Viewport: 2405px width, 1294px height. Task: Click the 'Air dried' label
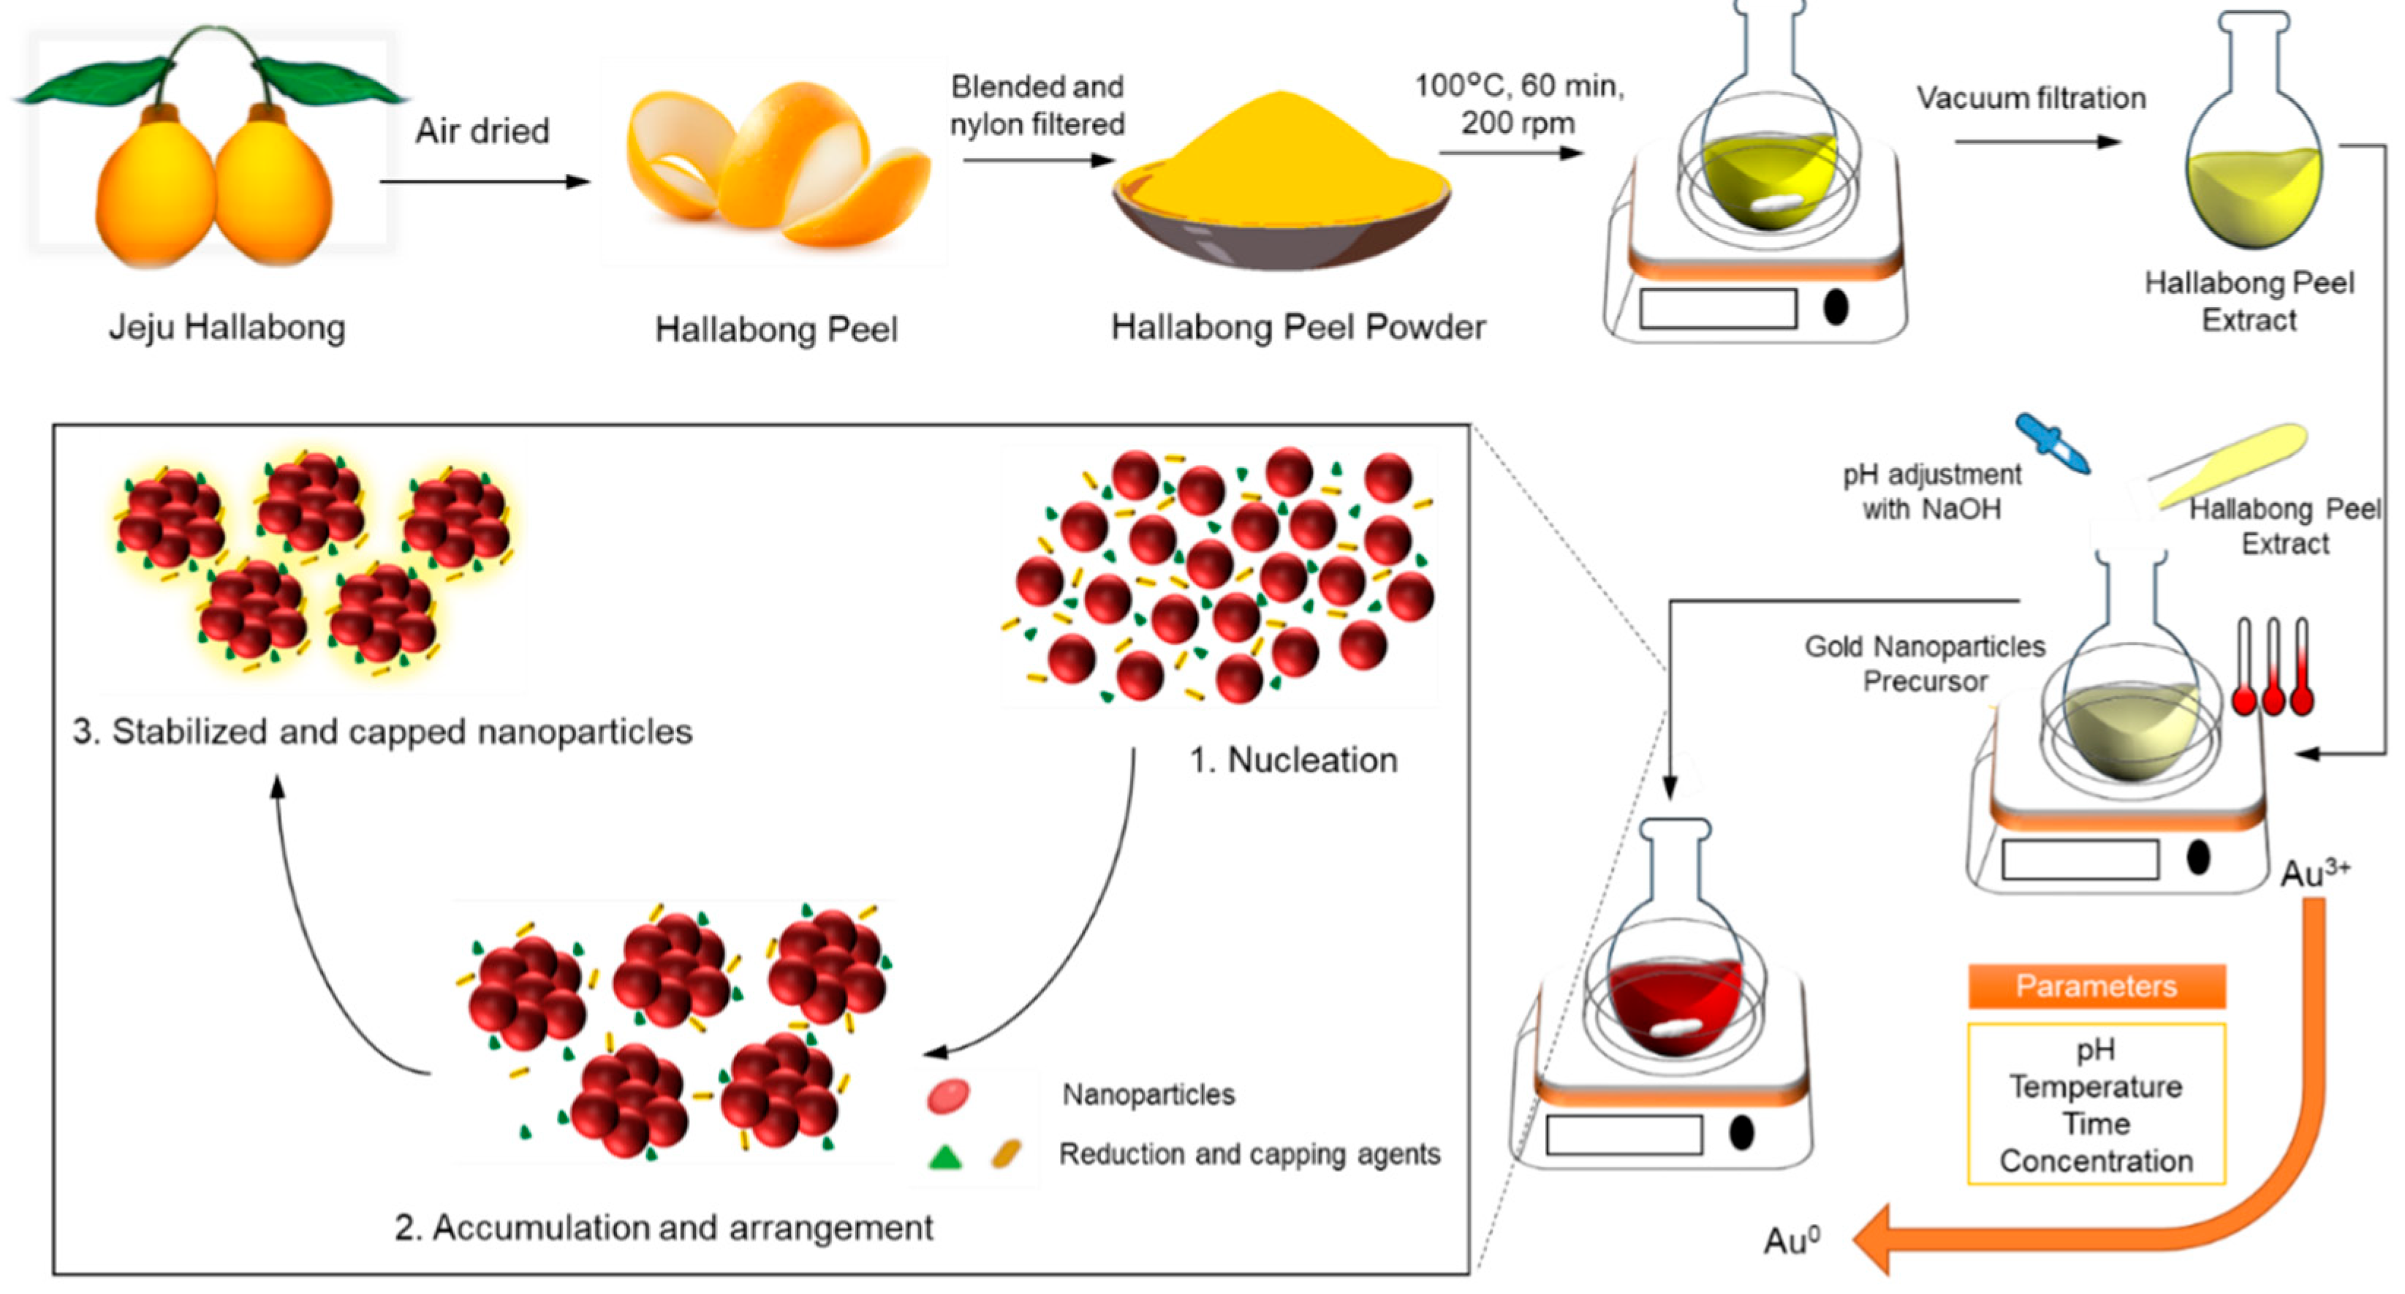[482, 131]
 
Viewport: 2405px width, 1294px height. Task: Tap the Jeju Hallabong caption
[227, 327]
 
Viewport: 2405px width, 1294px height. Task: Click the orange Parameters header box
[2096, 986]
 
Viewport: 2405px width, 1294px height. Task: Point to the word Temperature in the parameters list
[2096, 1086]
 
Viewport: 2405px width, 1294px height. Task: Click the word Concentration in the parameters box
[2096, 1160]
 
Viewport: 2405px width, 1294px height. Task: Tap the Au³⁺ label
[2314, 873]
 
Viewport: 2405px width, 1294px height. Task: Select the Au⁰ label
[1792, 1240]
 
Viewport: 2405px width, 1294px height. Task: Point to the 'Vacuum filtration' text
[2031, 98]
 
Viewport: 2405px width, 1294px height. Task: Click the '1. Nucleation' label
[1293, 760]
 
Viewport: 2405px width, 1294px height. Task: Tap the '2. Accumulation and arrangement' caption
[663, 1227]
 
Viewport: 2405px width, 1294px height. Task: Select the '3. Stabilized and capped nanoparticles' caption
[383, 731]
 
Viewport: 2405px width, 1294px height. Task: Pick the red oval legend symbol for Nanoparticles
[947, 1095]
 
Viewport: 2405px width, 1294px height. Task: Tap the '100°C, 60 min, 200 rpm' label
[1519, 104]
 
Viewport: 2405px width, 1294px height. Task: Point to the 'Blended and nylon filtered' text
[1037, 105]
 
